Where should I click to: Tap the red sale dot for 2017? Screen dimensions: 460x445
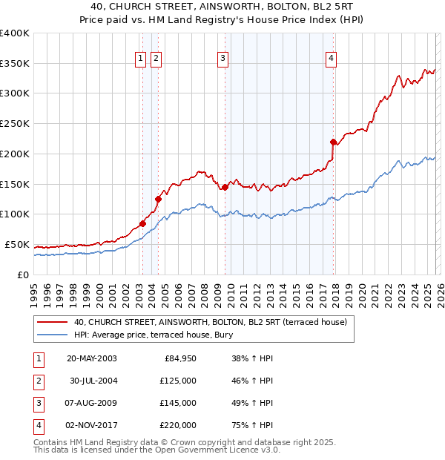[x=333, y=142]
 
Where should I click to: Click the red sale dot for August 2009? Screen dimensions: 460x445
[x=225, y=187]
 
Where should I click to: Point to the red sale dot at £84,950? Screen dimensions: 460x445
[x=142, y=223]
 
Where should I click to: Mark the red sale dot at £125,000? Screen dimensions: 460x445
[x=158, y=199]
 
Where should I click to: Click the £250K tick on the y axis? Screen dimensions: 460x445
[x=15, y=124]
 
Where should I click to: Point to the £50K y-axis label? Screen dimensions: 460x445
[x=17, y=245]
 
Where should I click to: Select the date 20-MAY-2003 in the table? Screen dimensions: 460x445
[x=91, y=358]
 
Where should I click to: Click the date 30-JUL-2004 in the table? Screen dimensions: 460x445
[x=92, y=381]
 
